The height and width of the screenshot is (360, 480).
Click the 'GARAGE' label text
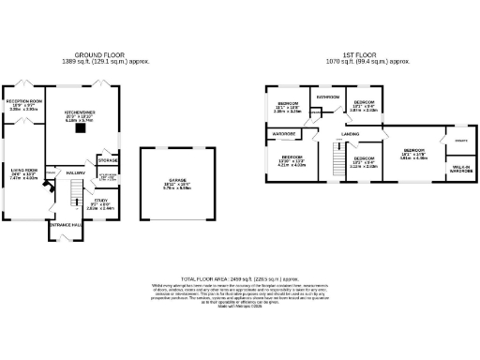[x=177, y=182]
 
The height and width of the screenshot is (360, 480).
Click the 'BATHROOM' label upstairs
[x=327, y=97]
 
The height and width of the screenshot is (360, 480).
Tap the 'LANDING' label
[x=352, y=135]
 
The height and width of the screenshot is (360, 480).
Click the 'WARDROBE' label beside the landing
[x=284, y=134]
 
